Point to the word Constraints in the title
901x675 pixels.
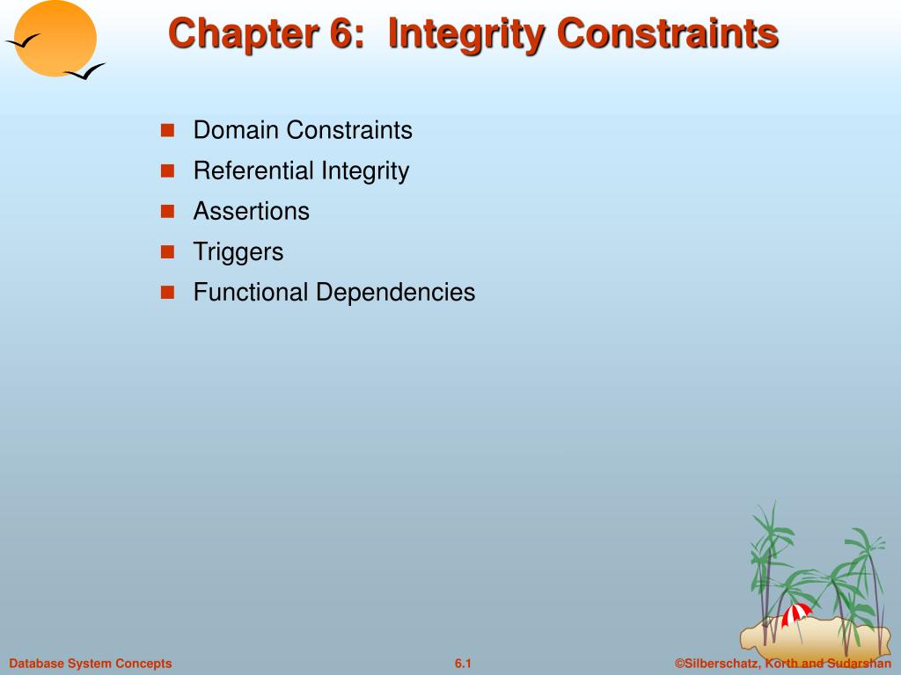click(x=669, y=34)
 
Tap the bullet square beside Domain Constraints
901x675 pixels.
click(x=167, y=131)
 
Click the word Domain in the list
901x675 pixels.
click(x=236, y=131)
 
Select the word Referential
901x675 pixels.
click(x=253, y=171)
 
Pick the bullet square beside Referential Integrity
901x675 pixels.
click(x=167, y=171)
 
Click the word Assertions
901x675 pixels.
click(x=252, y=212)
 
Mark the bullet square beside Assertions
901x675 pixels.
click(x=167, y=212)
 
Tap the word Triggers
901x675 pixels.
click(x=238, y=252)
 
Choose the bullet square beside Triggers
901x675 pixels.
click(x=167, y=252)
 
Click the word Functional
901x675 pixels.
click(x=251, y=293)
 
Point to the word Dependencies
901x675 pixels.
click(x=395, y=293)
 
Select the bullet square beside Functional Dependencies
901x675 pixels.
click(x=167, y=293)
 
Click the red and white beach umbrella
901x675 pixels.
click(x=796, y=613)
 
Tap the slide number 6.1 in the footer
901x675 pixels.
click(x=464, y=664)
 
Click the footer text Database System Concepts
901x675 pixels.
click(x=91, y=664)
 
